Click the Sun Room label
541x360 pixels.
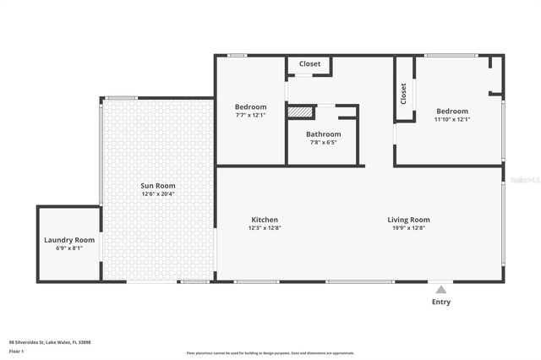tap(158, 185)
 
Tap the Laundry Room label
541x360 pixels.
tap(69, 240)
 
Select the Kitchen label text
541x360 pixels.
tap(264, 220)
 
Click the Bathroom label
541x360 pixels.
tap(323, 134)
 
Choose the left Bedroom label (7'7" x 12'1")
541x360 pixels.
tap(250, 107)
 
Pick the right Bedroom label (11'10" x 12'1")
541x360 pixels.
tap(452, 112)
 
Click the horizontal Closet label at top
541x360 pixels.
tap(309, 64)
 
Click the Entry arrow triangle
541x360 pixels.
tap(440, 289)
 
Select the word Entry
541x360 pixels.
tap(440, 302)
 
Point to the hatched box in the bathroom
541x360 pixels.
tap(300, 111)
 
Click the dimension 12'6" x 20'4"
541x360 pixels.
tap(158, 194)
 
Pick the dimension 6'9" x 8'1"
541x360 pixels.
tap(69, 248)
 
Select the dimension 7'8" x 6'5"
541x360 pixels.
tap(323, 143)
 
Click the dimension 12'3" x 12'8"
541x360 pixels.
tap(264, 228)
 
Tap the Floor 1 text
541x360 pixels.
tap(16, 351)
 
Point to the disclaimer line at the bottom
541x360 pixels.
tap(270, 353)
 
